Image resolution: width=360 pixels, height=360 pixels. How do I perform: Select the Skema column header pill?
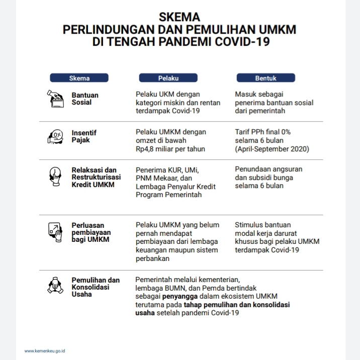click(x=79, y=78)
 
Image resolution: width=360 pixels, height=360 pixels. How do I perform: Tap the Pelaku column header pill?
click(x=168, y=78)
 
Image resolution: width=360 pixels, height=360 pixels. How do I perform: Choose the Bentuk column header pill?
click(x=265, y=78)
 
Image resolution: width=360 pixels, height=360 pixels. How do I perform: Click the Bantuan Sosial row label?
click(x=85, y=99)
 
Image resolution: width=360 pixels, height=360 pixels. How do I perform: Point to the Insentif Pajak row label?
click(x=83, y=136)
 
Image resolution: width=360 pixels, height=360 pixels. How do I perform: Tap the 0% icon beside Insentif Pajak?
click(x=55, y=136)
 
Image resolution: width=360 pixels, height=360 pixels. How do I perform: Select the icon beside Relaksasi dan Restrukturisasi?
click(x=55, y=176)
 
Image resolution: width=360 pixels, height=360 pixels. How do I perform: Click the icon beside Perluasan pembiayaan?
click(x=55, y=231)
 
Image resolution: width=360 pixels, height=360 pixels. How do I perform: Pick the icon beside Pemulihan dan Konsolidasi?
click(x=55, y=285)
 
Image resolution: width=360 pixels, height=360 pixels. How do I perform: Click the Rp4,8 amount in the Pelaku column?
click(x=147, y=149)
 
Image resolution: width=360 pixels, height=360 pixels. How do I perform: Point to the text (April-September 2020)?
click(x=272, y=149)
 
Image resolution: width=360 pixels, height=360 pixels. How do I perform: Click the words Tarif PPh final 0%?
click(x=263, y=132)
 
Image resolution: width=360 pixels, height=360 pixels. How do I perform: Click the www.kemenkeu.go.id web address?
click(x=45, y=350)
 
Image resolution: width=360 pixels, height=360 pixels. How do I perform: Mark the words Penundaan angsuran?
click(x=268, y=169)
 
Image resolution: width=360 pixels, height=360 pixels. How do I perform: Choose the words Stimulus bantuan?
click(x=262, y=225)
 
